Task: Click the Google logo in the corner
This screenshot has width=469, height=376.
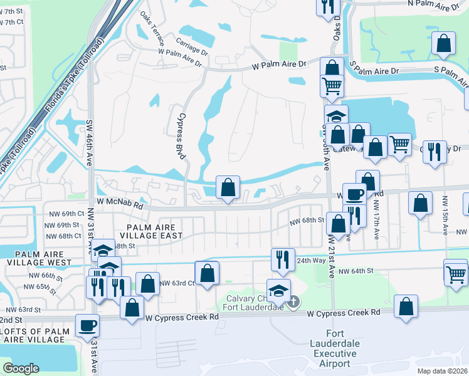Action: pos(21,368)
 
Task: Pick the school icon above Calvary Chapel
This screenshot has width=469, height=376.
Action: pos(278,290)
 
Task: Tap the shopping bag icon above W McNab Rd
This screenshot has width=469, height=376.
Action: pos(228,186)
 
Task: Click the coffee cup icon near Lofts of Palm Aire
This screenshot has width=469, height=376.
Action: pos(87,325)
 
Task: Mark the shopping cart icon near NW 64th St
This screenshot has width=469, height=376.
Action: pos(456,273)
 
